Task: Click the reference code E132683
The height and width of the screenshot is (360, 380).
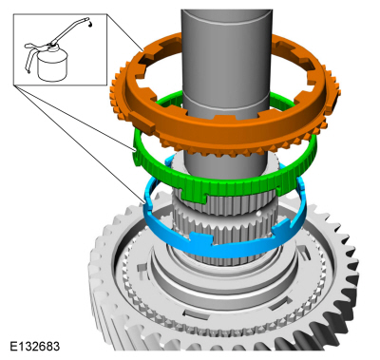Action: pos(35,346)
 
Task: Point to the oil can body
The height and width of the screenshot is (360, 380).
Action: pos(52,65)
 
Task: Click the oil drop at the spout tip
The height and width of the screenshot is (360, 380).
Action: pos(90,25)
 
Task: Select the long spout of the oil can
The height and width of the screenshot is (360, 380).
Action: pos(68,31)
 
